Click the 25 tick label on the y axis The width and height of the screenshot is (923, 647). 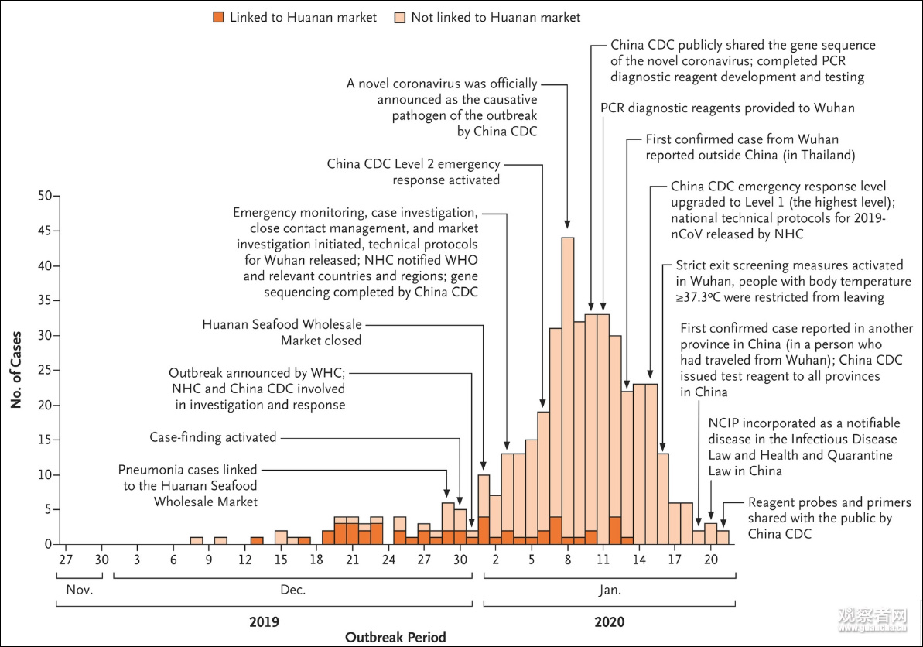pyautogui.click(x=44, y=371)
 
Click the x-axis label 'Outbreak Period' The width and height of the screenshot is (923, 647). pyautogui.click(x=395, y=637)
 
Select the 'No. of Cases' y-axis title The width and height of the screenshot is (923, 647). pyautogui.click(x=16, y=370)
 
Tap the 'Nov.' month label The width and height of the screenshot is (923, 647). pyautogui.click(x=79, y=590)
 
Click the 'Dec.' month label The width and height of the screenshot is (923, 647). pyautogui.click(x=293, y=590)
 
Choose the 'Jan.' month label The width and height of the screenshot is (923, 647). pyautogui.click(x=610, y=590)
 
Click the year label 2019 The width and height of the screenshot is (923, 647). pyautogui.click(x=265, y=621)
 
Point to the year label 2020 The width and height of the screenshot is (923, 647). pyautogui.click(x=610, y=621)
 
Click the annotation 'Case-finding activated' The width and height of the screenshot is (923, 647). pyautogui.click(x=213, y=437)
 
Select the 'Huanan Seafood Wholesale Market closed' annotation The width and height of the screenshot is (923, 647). pyautogui.click(x=282, y=333)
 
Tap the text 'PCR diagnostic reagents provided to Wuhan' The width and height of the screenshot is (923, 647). pyautogui.click(x=727, y=108)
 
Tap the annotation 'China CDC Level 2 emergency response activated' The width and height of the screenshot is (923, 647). pyautogui.click(x=413, y=172)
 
